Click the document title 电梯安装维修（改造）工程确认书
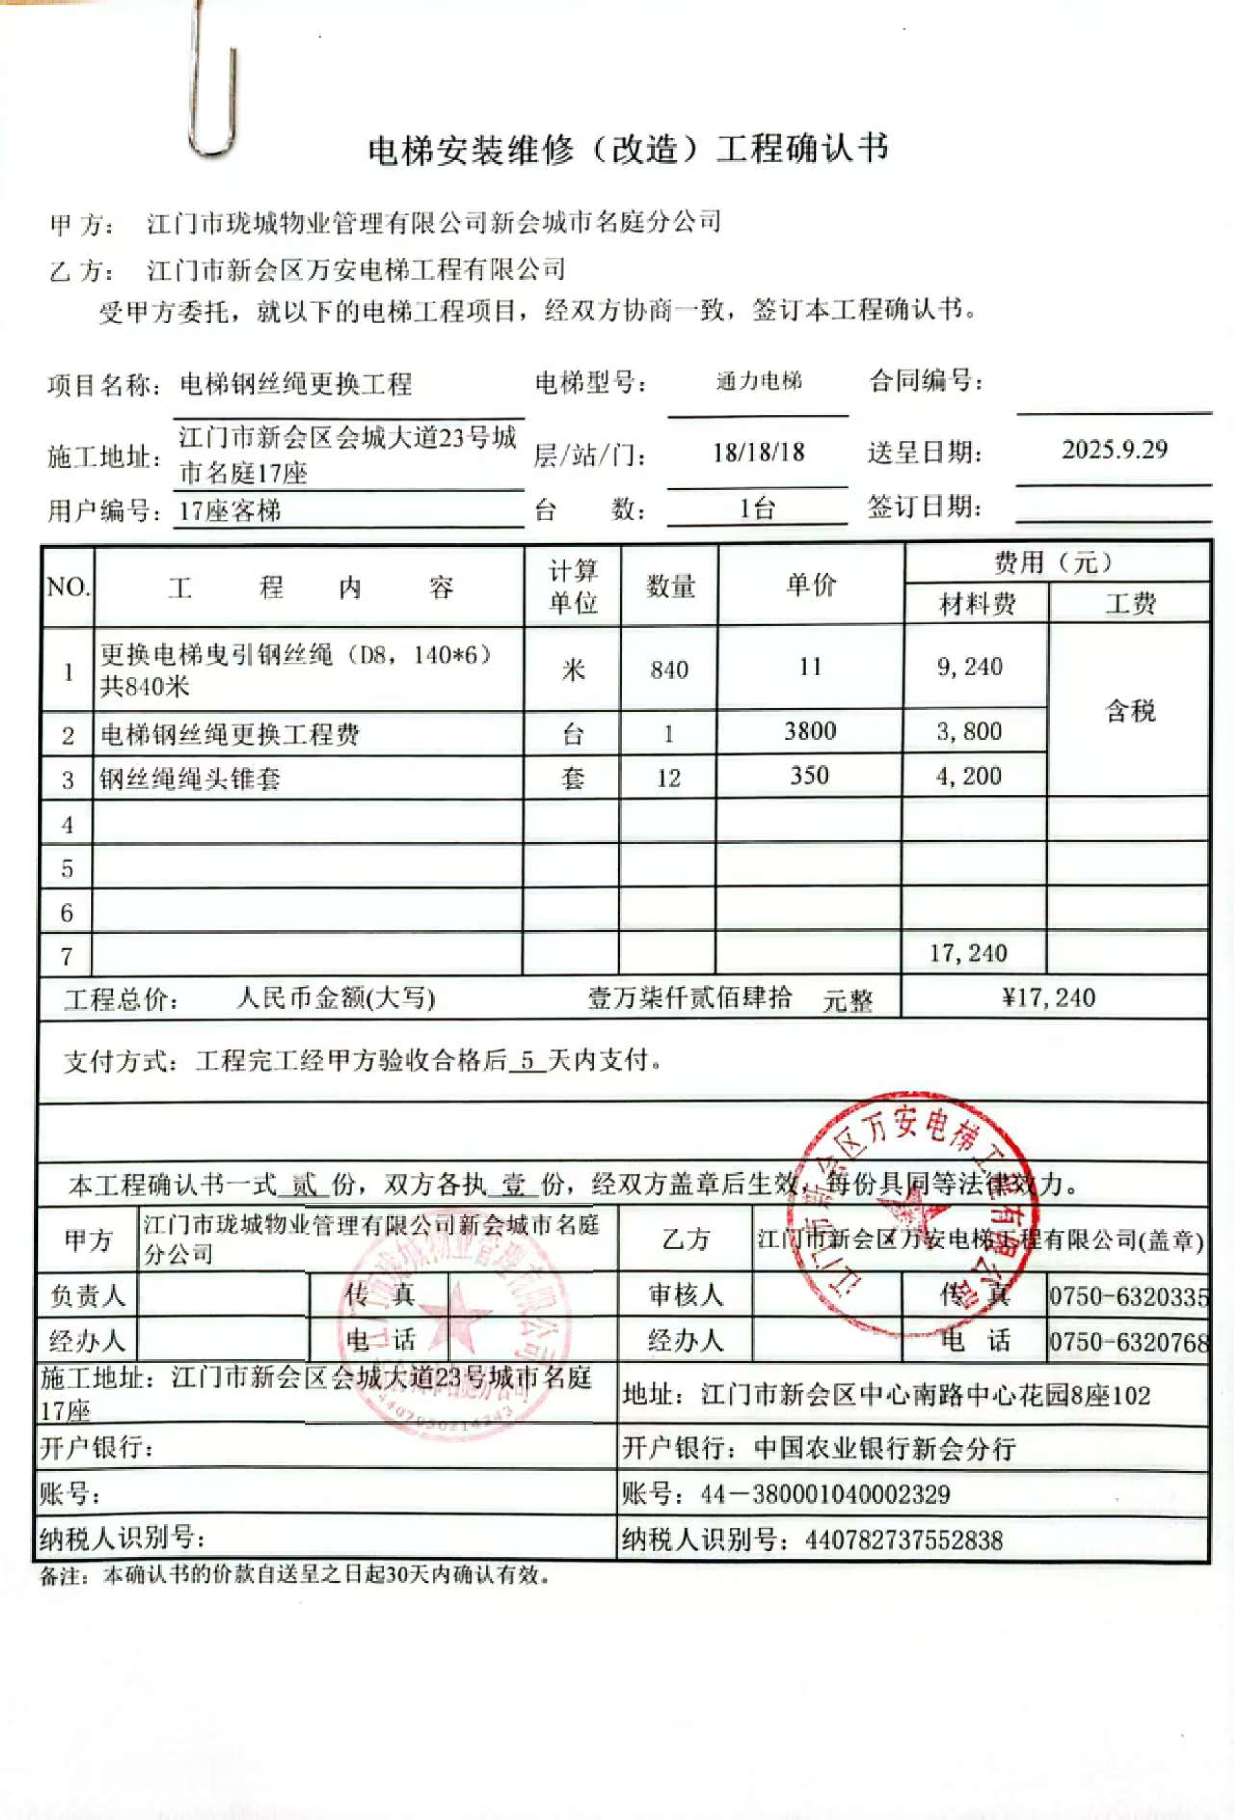point(628,149)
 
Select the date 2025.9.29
point(1114,450)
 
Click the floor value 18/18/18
point(758,452)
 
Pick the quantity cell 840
point(669,670)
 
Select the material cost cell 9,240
point(970,667)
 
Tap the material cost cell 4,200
point(969,776)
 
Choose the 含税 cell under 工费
point(1130,711)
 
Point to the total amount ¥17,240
point(1048,998)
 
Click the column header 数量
point(670,586)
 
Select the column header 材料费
point(978,604)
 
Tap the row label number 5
point(67,868)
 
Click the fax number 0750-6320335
point(1129,1297)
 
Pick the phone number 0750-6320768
point(1129,1343)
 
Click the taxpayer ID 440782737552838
point(904,1540)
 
